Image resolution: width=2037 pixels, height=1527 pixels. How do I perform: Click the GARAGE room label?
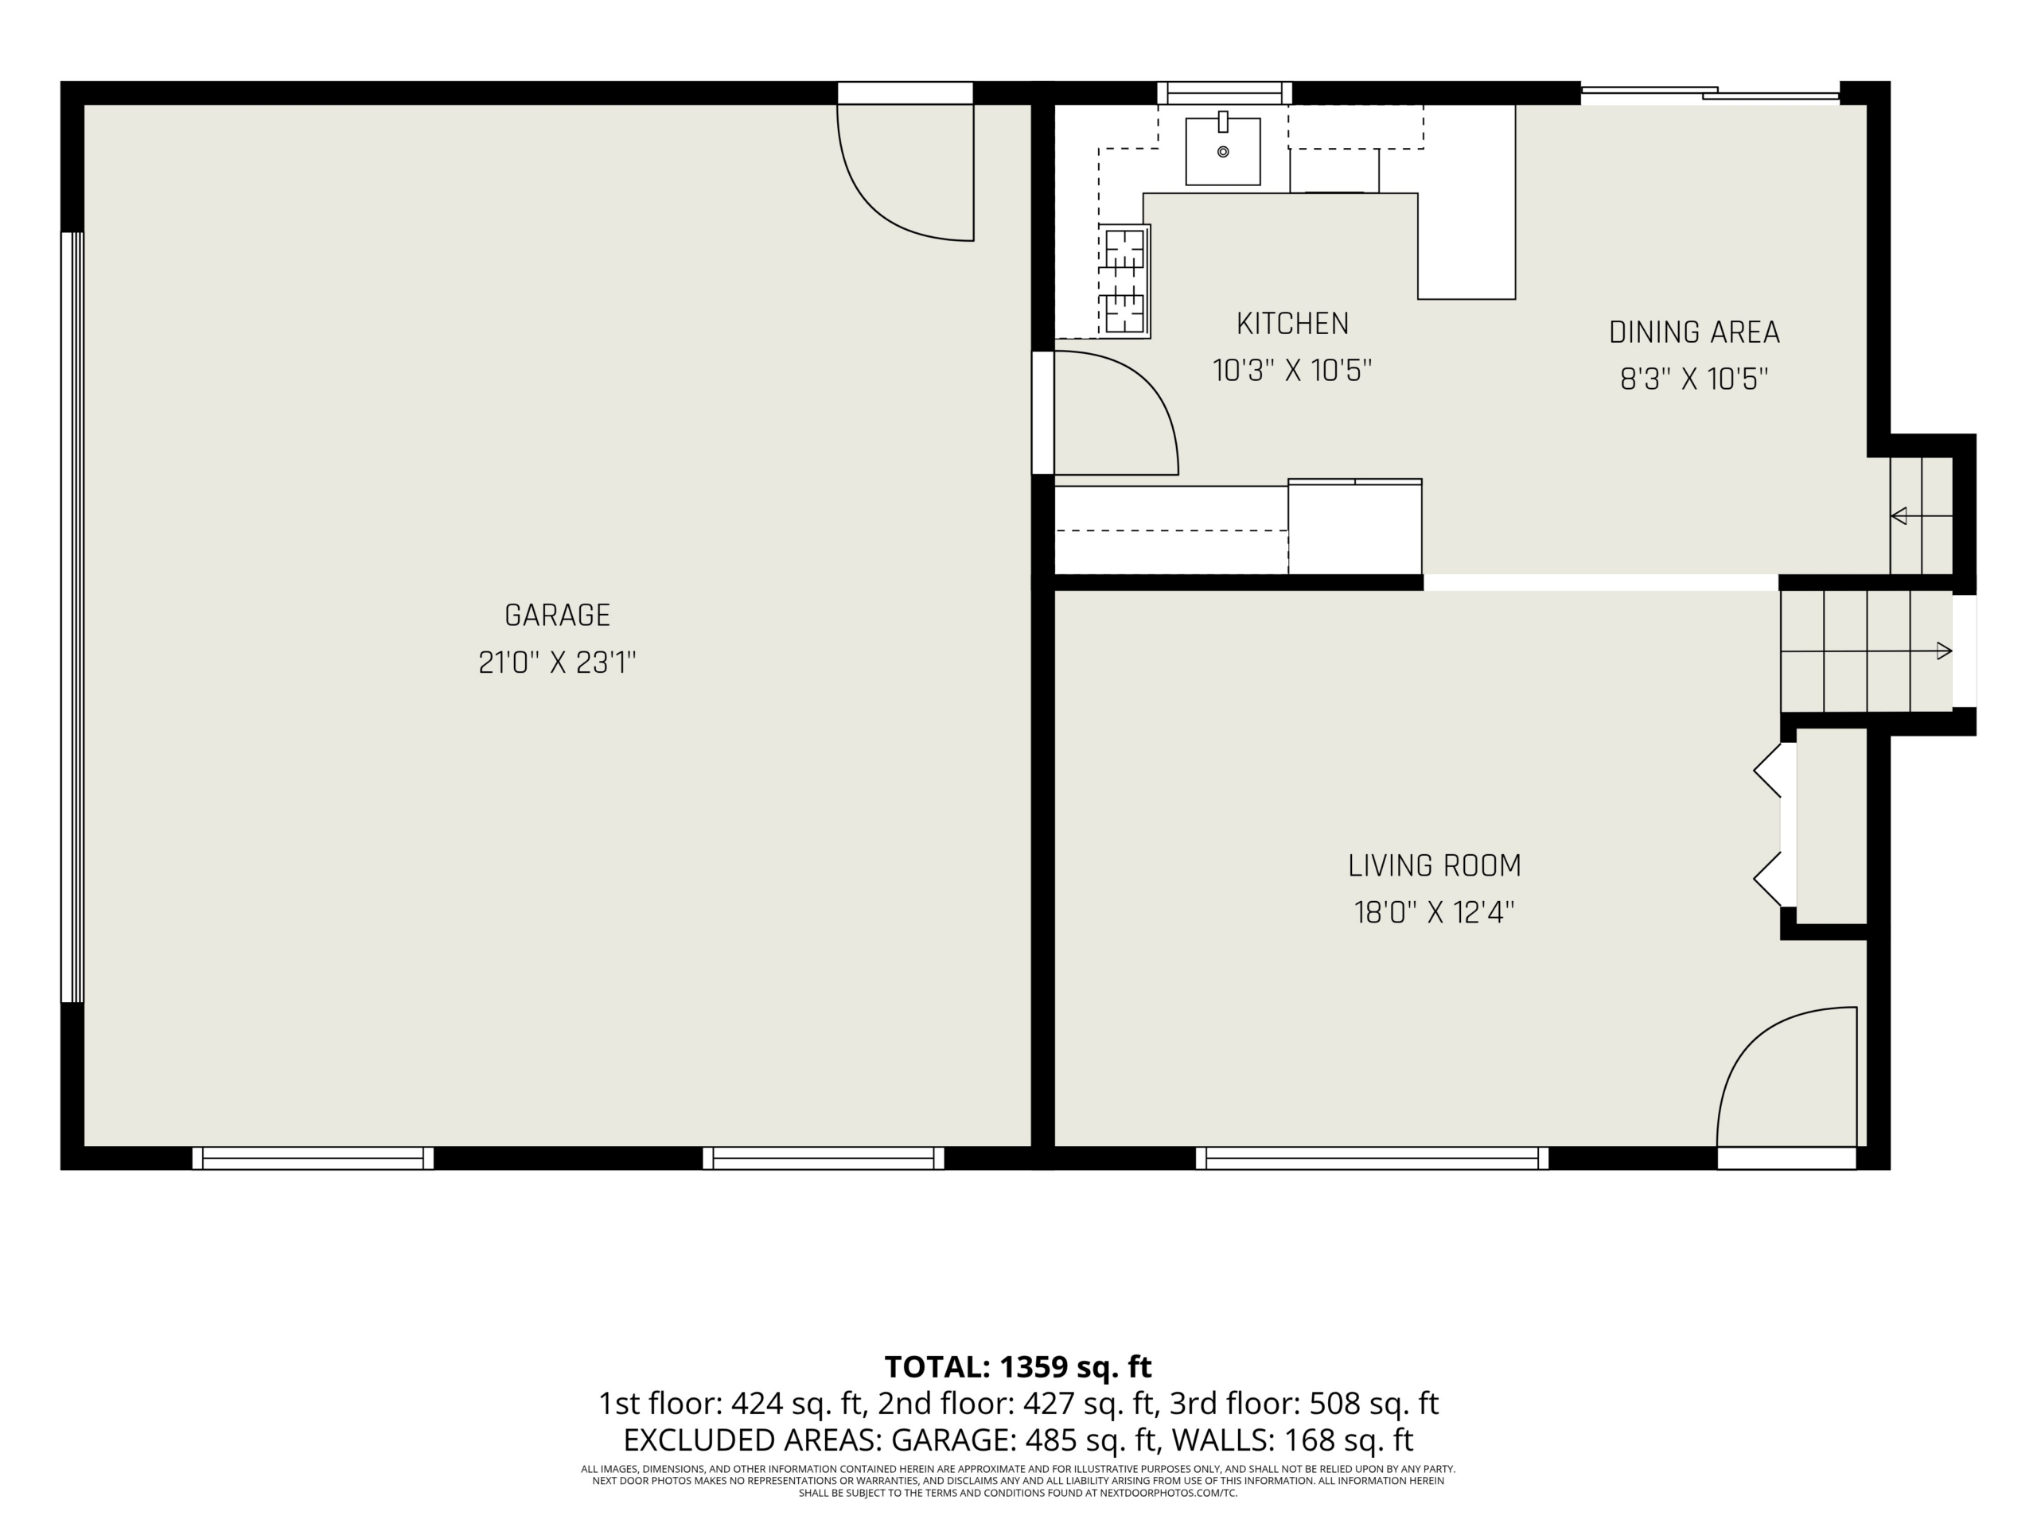(x=557, y=615)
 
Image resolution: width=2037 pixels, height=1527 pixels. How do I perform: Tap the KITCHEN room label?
(x=1292, y=324)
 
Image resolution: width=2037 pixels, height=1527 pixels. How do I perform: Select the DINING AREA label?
(x=1693, y=332)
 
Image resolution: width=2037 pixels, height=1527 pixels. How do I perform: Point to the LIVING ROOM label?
(x=1434, y=866)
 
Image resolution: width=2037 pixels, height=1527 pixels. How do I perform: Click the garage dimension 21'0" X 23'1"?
(x=557, y=662)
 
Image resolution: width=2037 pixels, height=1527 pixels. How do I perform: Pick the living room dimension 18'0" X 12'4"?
(x=1434, y=913)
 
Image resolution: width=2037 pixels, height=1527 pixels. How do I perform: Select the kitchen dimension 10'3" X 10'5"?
(x=1292, y=371)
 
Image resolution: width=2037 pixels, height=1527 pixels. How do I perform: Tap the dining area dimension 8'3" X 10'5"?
(x=1693, y=379)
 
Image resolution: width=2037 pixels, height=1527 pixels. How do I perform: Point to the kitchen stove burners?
(x=1124, y=281)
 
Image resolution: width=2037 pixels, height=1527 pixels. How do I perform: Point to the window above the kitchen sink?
(x=1224, y=93)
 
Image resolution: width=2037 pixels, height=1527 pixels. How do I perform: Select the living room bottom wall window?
(x=1372, y=1158)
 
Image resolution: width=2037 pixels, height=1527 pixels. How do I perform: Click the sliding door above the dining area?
(x=1710, y=92)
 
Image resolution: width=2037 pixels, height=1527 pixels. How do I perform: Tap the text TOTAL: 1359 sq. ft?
(x=1018, y=1367)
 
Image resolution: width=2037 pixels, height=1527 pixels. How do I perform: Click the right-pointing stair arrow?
(x=1867, y=651)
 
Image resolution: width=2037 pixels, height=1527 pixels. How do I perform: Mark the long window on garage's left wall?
(x=72, y=616)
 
